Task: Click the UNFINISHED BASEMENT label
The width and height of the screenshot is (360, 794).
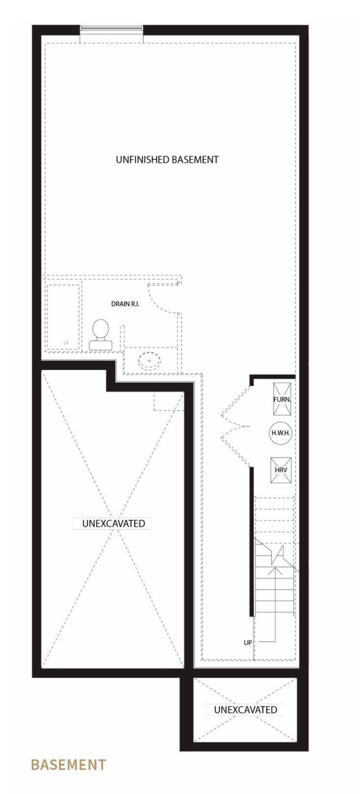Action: point(167,159)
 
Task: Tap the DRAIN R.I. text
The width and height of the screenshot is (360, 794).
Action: point(125,304)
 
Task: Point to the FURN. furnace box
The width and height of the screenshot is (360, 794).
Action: point(282,399)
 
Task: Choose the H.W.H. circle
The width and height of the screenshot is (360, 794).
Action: point(281,433)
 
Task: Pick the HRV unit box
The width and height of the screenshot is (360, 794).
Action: point(281,470)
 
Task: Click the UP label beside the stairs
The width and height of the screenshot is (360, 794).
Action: point(248,642)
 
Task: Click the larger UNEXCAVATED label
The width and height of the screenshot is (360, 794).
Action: point(113,524)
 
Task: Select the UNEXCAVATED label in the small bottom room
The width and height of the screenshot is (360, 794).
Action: point(245,710)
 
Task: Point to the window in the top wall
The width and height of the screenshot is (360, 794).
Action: point(111,30)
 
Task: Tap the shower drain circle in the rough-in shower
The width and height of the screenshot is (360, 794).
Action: point(66,343)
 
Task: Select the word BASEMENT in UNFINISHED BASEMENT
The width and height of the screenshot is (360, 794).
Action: point(195,159)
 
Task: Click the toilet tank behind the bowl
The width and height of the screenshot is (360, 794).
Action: point(100,345)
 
